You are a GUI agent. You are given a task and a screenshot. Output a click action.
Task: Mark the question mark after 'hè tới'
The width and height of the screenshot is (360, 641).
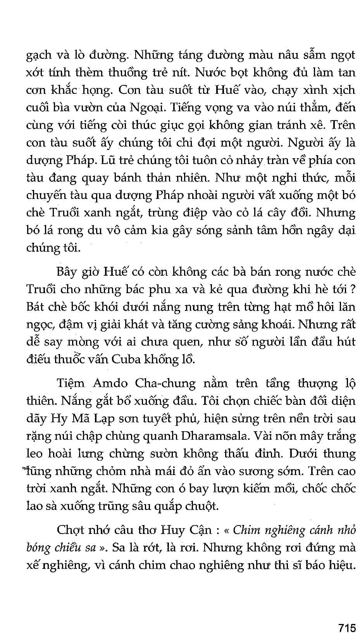[353, 289]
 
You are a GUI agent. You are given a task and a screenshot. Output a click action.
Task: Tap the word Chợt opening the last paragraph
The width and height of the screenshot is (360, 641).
[72, 530]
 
